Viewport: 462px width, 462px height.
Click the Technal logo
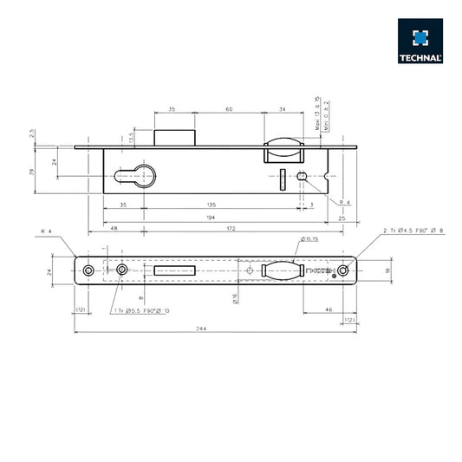click(x=420, y=42)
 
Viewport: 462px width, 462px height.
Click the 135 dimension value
click(x=211, y=205)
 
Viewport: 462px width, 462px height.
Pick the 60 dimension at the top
click(x=229, y=110)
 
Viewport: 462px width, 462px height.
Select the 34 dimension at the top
click(x=284, y=110)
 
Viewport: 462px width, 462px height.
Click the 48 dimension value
click(x=114, y=228)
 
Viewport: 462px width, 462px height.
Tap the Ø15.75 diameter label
click(x=310, y=238)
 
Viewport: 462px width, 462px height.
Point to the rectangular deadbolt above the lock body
click(x=176, y=137)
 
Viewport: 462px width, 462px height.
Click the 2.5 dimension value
click(x=32, y=134)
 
